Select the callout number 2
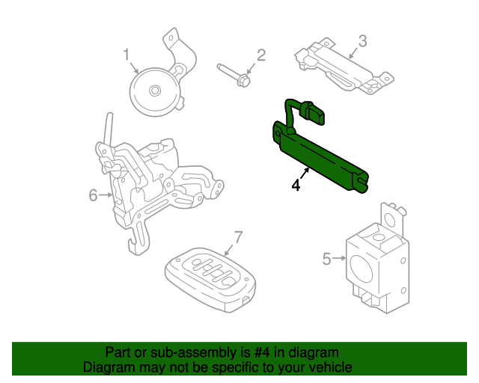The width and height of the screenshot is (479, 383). point(261,55)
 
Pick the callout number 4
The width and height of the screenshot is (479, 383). point(296,185)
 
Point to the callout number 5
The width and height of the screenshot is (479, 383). point(326,259)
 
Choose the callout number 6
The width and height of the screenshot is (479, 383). point(94,195)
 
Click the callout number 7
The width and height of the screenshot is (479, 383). point(238,238)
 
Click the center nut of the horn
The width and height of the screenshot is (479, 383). point(154,91)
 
